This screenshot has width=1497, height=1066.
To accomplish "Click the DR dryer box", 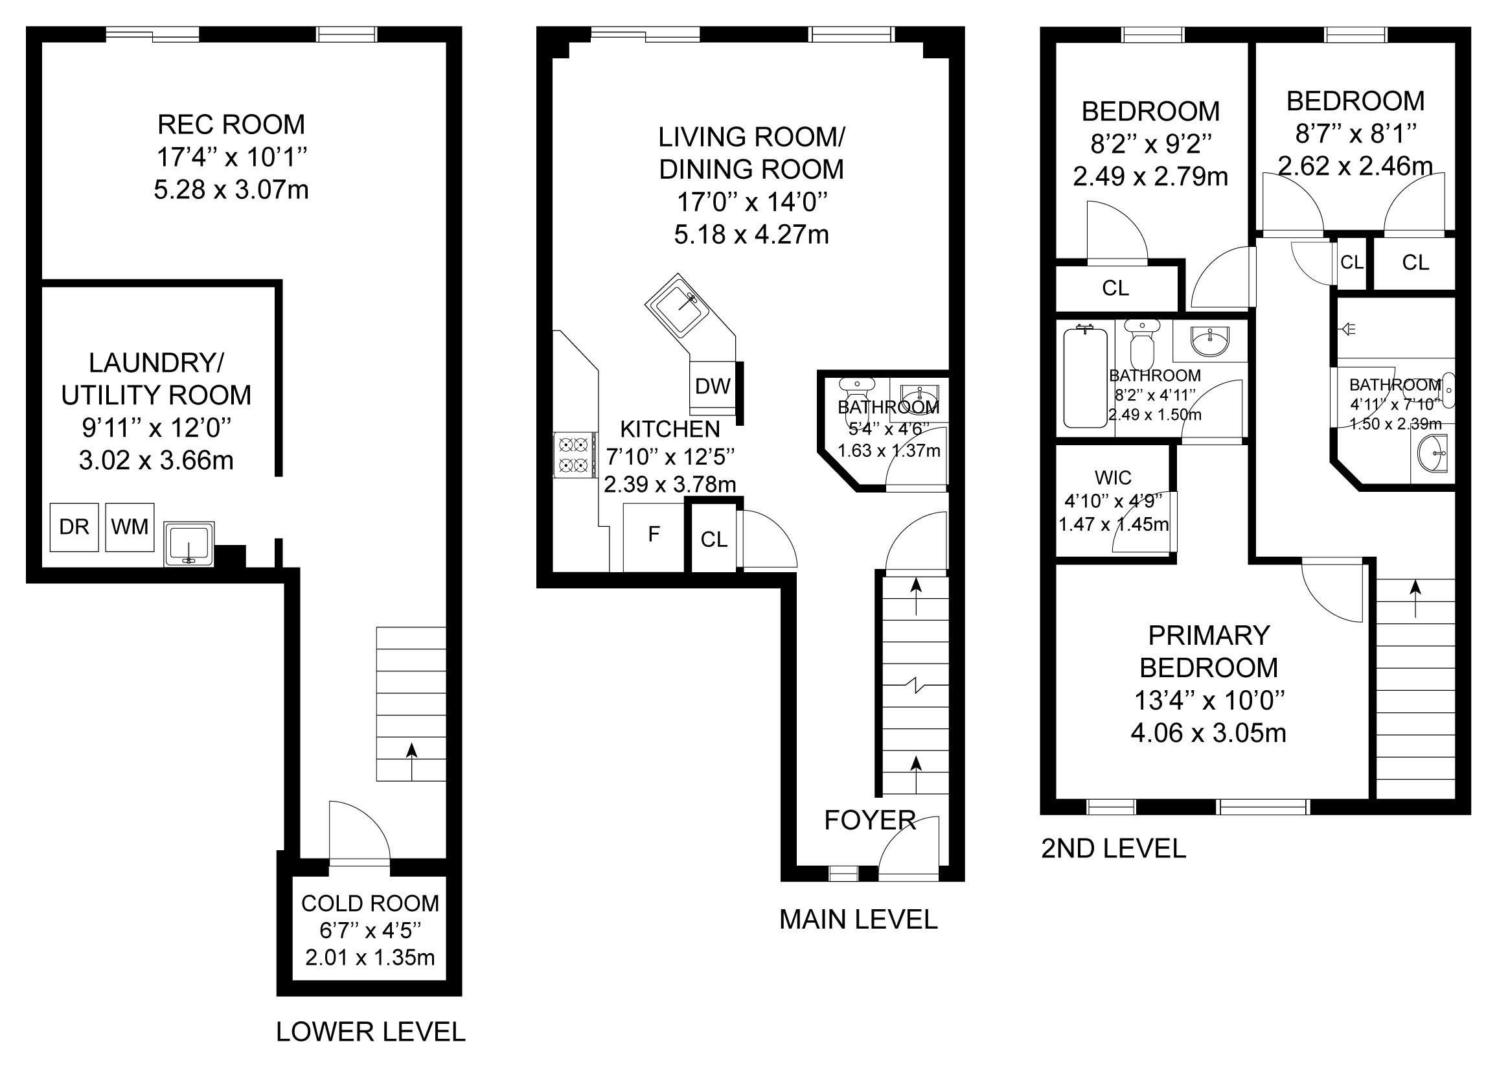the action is point(74,527).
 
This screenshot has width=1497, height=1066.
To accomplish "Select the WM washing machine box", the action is point(130,527).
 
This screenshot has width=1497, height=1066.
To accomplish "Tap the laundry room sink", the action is point(189,544).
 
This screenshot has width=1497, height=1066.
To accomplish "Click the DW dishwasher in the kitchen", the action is point(713,386).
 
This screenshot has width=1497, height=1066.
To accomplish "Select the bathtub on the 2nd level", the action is point(1085,377).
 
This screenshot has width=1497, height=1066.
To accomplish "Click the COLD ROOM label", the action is point(370,904).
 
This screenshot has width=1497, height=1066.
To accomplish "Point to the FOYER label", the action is point(870,820).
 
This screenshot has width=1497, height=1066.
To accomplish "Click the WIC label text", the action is point(1114,477).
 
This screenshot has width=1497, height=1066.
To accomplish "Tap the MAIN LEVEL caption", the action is point(859,920).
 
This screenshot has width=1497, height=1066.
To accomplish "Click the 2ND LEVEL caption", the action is point(1114,849).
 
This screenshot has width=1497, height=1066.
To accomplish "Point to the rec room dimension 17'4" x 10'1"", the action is point(231,157).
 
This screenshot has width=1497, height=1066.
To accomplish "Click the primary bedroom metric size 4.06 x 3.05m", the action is point(1208,733).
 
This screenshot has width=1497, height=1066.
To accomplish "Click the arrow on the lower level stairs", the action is point(411,761).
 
